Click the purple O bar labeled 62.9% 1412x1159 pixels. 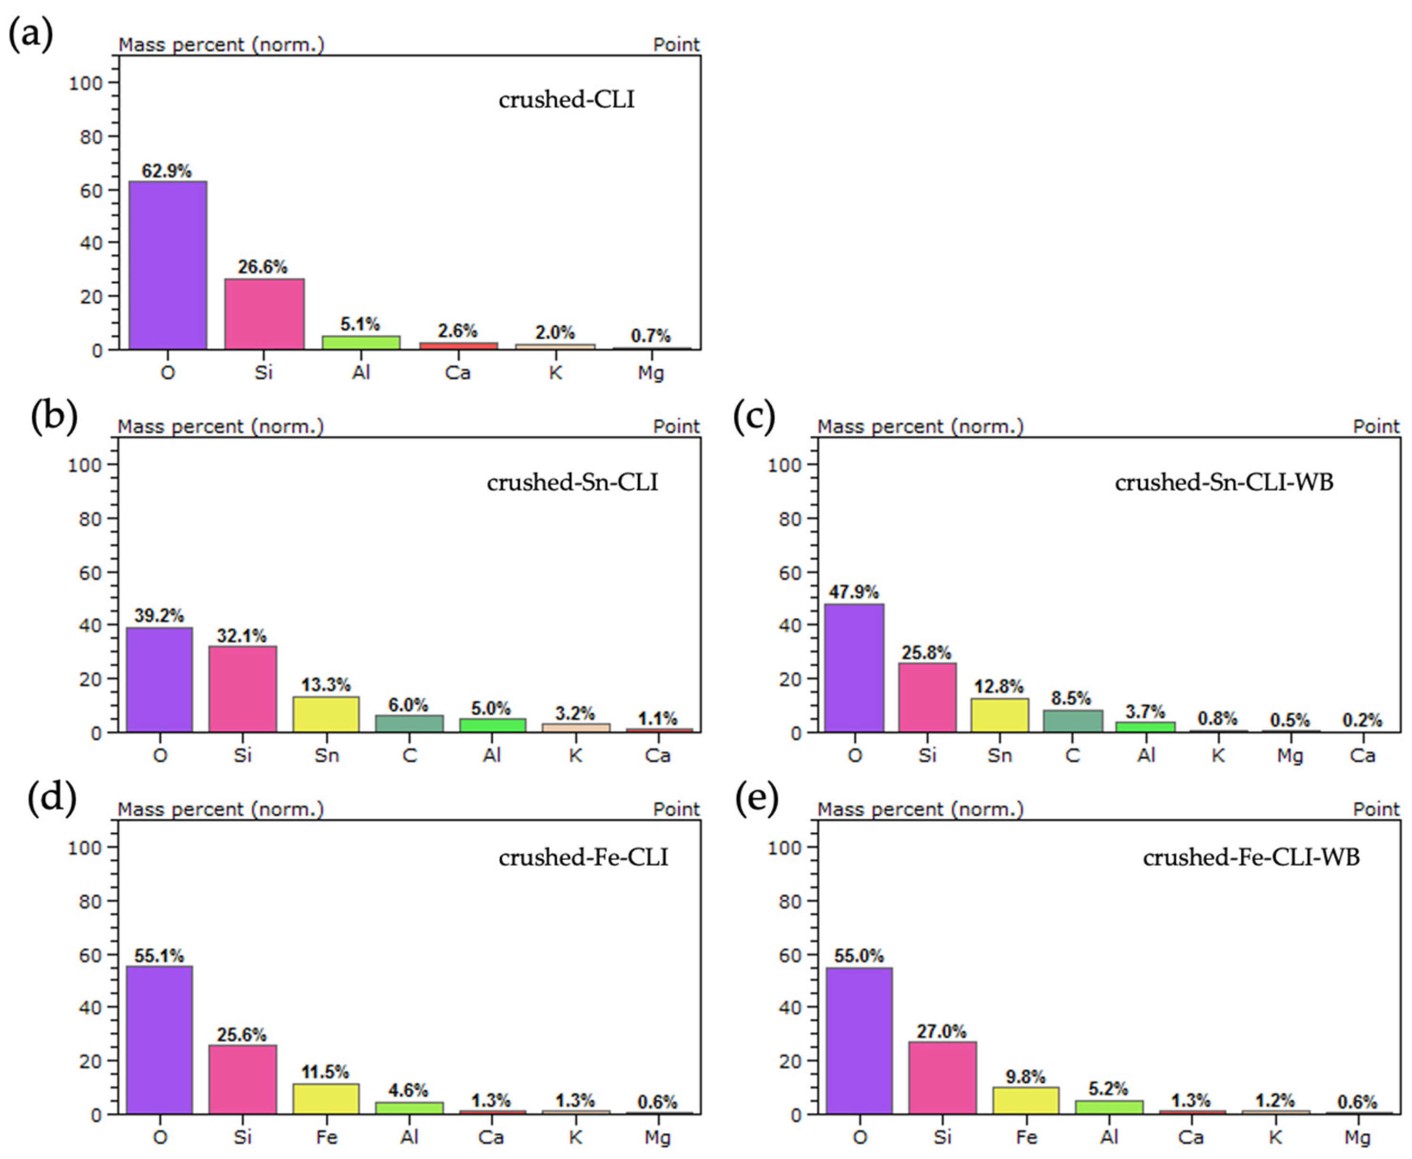click(x=167, y=265)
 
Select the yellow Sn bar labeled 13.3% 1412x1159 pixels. click(x=326, y=714)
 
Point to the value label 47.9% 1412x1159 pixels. click(x=854, y=592)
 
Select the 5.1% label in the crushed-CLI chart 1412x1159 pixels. click(x=360, y=324)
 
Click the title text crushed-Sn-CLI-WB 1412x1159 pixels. click(x=1224, y=482)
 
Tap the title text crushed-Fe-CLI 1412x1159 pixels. click(x=583, y=857)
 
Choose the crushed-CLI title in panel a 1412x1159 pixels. click(x=566, y=99)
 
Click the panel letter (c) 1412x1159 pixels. click(x=754, y=417)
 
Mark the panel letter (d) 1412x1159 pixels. click(x=52, y=799)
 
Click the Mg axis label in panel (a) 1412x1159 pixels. click(x=651, y=372)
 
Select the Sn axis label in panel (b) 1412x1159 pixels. click(x=326, y=755)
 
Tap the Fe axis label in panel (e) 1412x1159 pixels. click(x=1026, y=1137)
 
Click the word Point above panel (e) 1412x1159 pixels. click(x=1376, y=809)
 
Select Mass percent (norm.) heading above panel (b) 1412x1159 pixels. click(x=220, y=427)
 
